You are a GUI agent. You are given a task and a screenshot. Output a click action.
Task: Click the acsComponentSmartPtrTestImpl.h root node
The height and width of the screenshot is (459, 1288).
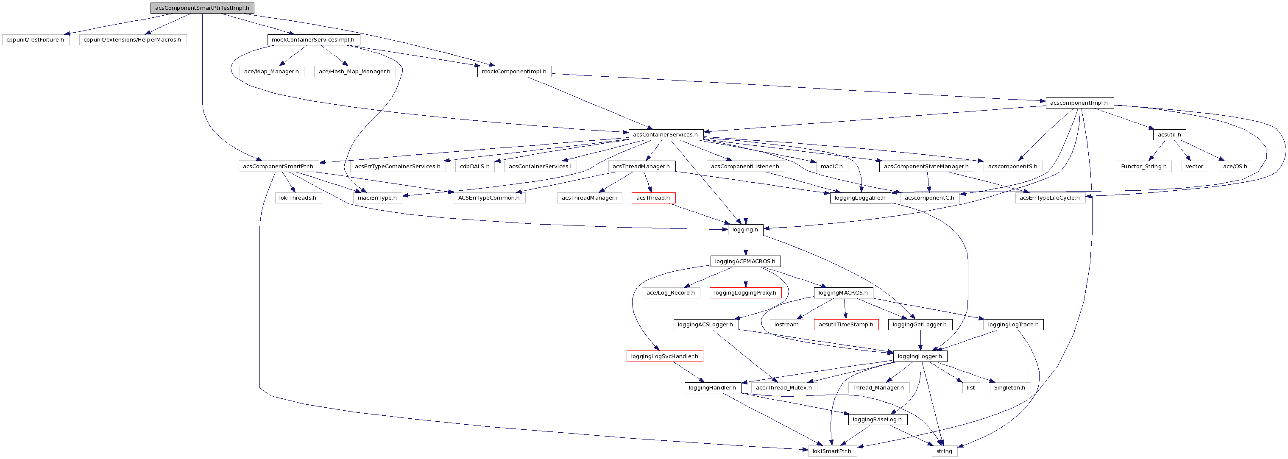(x=202, y=8)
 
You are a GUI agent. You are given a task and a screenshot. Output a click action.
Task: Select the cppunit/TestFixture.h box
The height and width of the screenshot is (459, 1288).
(x=35, y=39)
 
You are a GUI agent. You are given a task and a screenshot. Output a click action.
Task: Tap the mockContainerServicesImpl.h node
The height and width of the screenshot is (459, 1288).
(x=313, y=39)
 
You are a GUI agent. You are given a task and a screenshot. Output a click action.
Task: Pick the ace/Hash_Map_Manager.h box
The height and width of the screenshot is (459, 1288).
(x=354, y=72)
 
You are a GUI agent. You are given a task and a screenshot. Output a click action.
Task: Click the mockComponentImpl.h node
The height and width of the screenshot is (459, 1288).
(x=514, y=72)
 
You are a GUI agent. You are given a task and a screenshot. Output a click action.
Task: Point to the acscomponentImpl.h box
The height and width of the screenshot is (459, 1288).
(x=1079, y=103)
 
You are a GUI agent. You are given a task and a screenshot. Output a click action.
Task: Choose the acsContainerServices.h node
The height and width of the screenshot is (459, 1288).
(x=665, y=134)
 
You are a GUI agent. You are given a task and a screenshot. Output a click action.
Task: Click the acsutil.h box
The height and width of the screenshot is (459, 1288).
(x=1169, y=134)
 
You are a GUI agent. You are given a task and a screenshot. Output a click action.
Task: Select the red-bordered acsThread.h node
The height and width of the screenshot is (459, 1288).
(x=653, y=198)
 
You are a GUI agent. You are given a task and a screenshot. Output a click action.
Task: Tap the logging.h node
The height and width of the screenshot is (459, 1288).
(x=745, y=230)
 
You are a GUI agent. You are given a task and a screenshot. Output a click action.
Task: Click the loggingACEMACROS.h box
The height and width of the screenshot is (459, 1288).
(x=745, y=261)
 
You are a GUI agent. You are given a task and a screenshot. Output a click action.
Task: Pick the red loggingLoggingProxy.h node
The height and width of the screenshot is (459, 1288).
(x=745, y=293)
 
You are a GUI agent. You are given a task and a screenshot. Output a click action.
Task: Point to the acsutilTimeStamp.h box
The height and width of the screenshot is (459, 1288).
(x=846, y=325)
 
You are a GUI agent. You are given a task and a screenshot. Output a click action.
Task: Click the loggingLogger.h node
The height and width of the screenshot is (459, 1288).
(x=920, y=356)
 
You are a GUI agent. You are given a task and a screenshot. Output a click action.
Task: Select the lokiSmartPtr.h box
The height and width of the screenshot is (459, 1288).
(x=831, y=451)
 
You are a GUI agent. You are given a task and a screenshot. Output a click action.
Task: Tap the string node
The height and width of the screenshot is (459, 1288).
(x=944, y=451)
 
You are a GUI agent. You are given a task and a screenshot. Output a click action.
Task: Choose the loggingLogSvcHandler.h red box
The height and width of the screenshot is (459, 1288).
(x=664, y=356)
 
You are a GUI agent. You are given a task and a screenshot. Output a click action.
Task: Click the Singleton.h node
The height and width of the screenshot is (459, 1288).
(x=1009, y=388)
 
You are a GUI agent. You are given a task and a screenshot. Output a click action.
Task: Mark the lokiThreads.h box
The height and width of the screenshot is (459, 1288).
(x=298, y=198)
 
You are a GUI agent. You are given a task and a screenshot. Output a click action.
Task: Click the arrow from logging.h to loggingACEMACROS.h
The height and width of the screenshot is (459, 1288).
(x=745, y=245)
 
